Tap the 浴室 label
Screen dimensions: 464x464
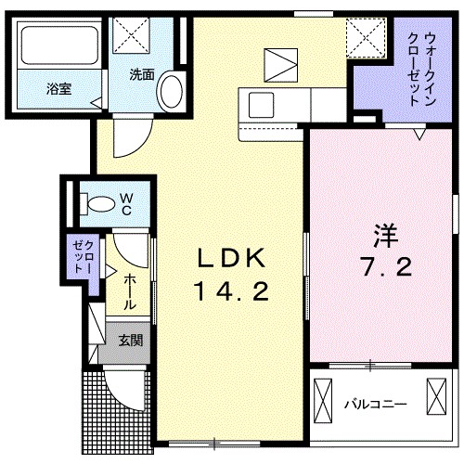60,89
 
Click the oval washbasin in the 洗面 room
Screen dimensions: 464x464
171,92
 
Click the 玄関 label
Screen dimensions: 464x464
130,341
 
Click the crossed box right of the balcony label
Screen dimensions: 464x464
434,402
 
